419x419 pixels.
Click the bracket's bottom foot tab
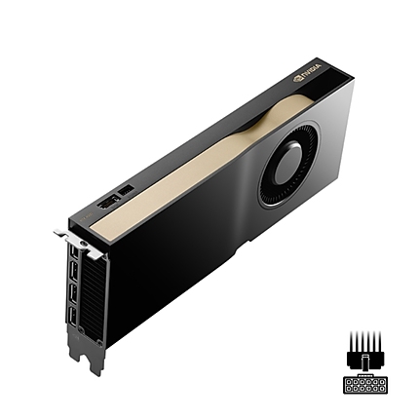pyautogui.click(x=94, y=363)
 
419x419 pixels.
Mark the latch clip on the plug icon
pyautogui.click(x=365, y=363)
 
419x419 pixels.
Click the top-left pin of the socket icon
pyautogui.click(x=349, y=380)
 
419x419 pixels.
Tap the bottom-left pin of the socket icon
pyautogui.click(x=349, y=388)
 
